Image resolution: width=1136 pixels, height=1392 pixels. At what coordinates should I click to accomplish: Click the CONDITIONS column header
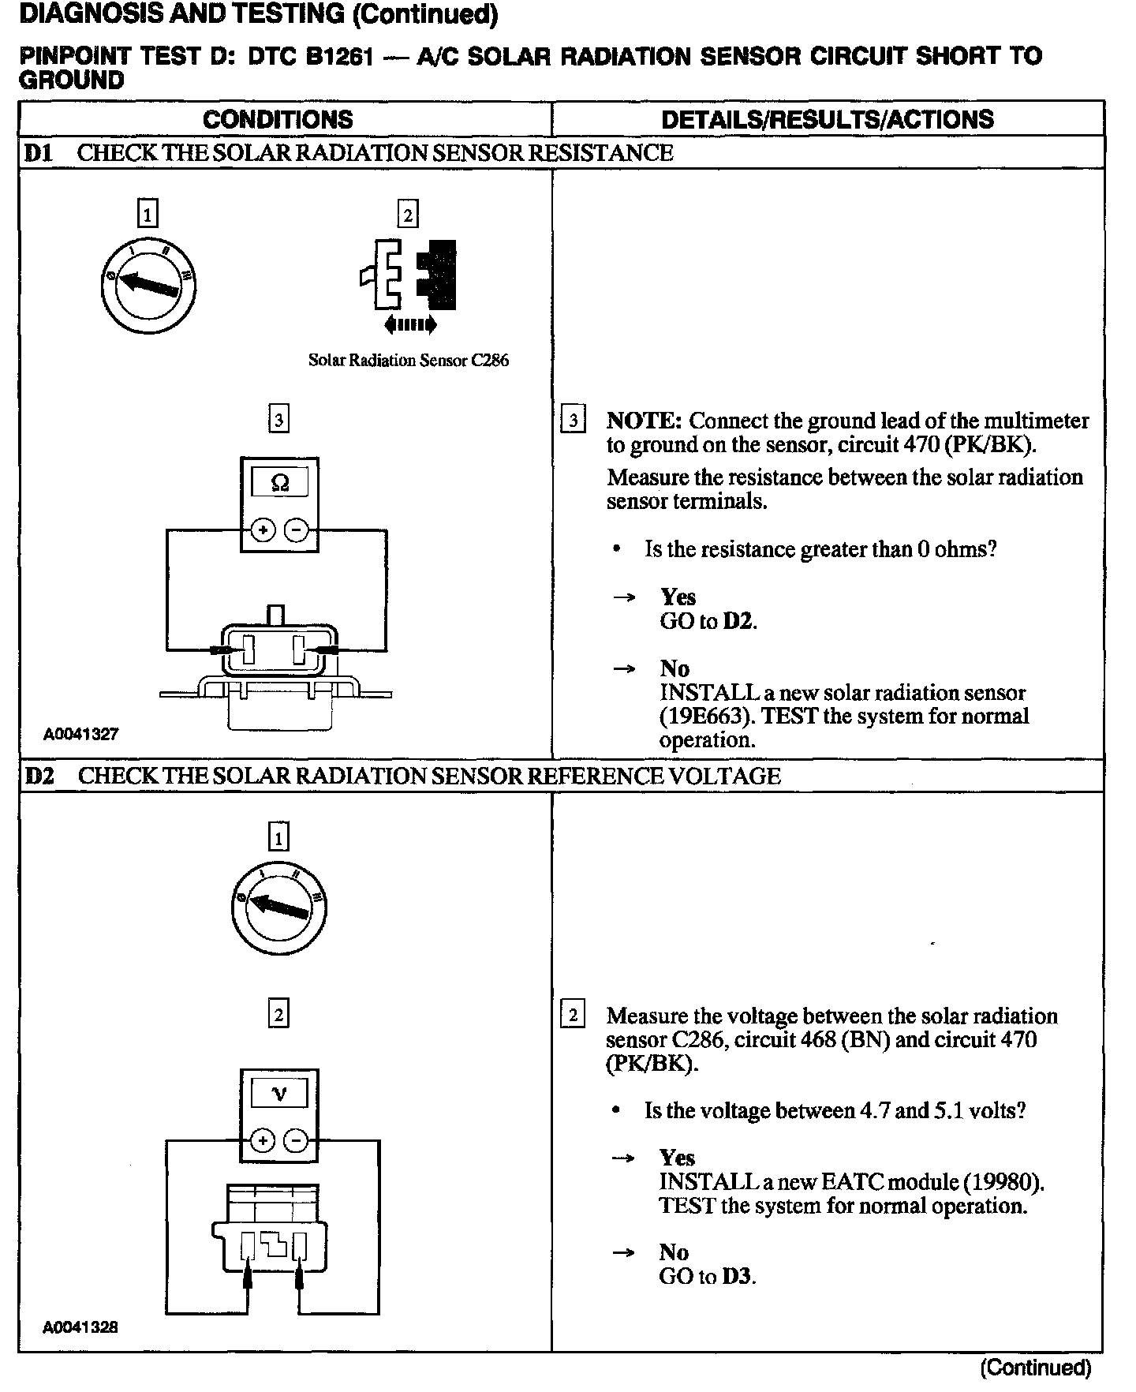(x=278, y=119)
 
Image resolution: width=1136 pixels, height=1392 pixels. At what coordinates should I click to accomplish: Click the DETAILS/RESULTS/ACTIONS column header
(x=827, y=119)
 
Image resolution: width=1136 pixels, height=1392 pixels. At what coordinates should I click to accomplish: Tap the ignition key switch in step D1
(x=148, y=283)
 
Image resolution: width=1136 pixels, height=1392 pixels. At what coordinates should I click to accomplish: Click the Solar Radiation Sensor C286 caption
(x=408, y=361)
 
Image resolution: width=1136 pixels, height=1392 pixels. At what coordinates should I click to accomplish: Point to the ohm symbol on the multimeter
(x=279, y=482)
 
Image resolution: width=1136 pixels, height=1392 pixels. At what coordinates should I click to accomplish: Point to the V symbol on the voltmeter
(x=279, y=1094)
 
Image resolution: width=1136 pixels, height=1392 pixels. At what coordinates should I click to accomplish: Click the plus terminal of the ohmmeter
(x=263, y=530)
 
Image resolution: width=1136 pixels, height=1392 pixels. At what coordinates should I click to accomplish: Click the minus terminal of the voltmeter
(x=296, y=1141)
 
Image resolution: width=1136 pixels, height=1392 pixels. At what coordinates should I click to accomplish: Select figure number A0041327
(x=80, y=734)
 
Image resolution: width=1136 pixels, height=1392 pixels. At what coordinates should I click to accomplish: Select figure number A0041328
(x=80, y=1327)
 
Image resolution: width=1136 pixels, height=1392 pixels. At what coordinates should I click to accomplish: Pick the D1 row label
(x=38, y=153)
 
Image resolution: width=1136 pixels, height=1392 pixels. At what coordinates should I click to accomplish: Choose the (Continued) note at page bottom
(x=1035, y=1368)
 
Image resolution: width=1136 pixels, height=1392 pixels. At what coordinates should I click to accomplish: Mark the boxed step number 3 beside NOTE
(x=573, y=420)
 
